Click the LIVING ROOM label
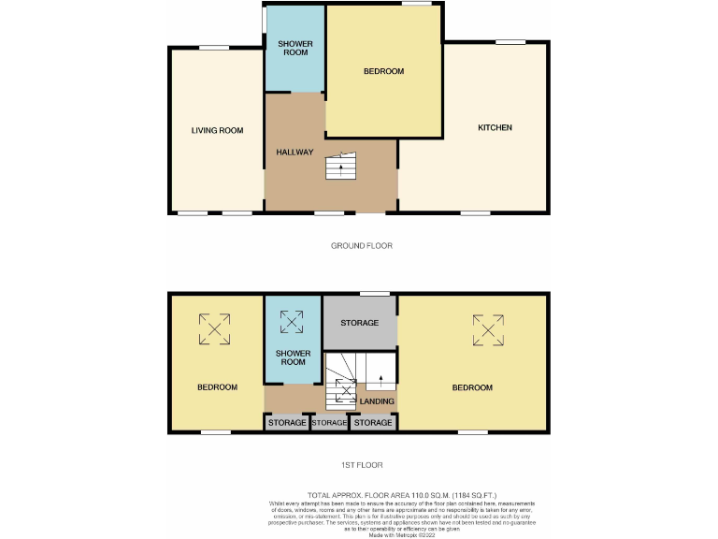(x=217, y=131)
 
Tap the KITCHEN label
(x=495, y=127)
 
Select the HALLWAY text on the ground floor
(x=294, y=153)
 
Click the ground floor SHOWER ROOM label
(x=295, y=49)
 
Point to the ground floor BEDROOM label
(x=383, y=72)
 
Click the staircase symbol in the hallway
(x=341, y=168)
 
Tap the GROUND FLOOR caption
(x=361, y=246)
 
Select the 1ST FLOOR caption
(x=361, y=465)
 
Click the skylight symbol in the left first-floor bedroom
(x=214, y=328)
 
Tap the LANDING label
(x=377, y=401)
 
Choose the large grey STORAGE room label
(x=359, y=323)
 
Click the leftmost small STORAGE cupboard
(x=287, y=423)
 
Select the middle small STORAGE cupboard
(x=329, y=423)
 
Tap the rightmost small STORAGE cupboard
(x=373, y=423)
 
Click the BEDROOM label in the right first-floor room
(x=472, y=387)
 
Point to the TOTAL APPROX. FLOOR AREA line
(x=402, y=494)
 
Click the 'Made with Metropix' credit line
(x=402, y=532)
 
